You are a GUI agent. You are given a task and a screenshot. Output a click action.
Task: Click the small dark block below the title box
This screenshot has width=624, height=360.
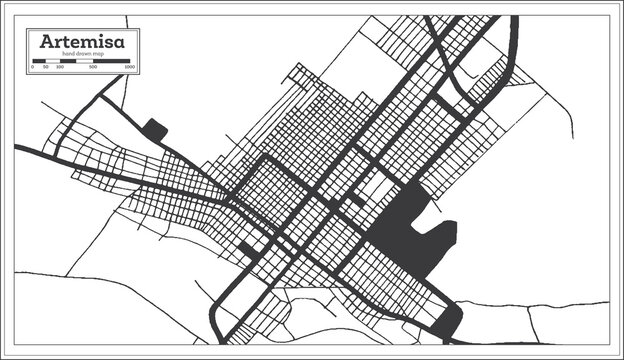(x=155, y=129)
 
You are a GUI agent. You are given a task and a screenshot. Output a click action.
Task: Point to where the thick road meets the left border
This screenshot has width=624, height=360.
(x=17, y=147)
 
